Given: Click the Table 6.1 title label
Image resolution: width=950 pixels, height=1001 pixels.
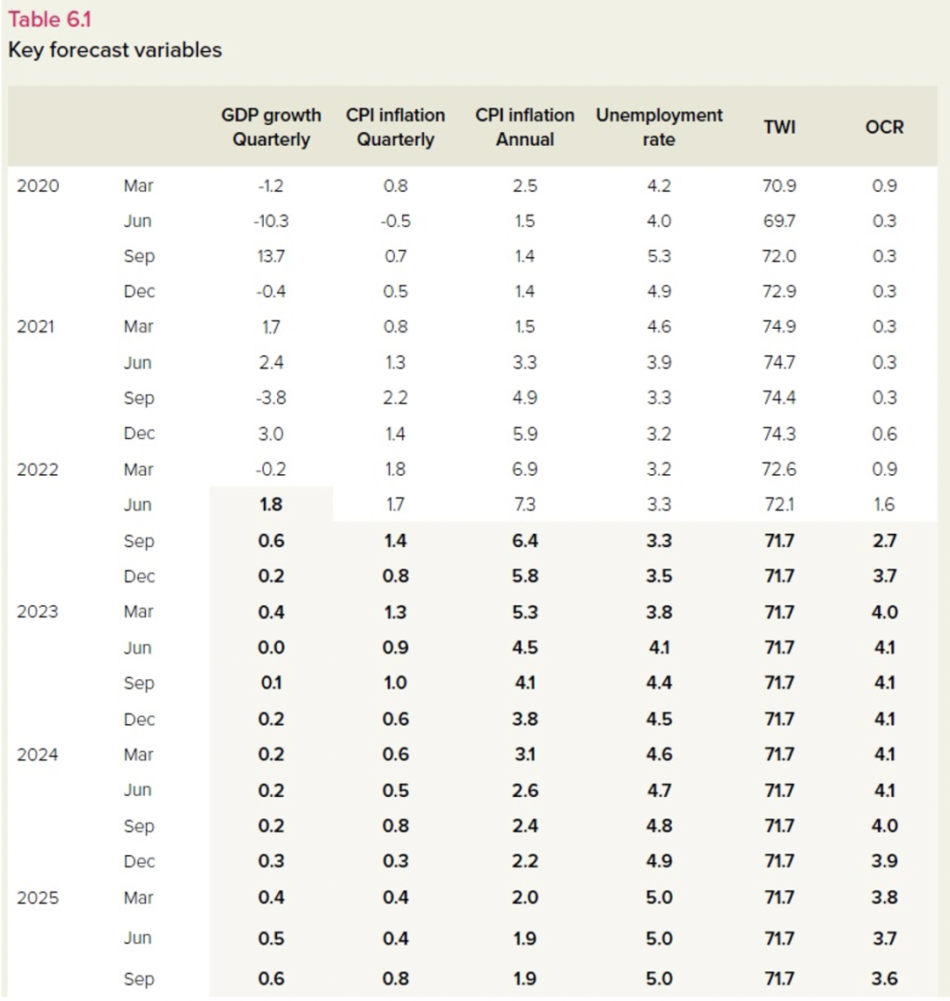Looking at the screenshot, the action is [50, 19].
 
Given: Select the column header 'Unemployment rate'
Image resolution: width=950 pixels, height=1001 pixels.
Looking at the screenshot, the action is [659, 127].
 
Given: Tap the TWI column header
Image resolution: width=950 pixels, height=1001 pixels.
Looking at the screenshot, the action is [779, 127].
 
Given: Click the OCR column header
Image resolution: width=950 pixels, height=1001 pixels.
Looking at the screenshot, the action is [884, 127].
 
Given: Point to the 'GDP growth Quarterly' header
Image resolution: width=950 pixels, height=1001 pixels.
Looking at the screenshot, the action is [271, 127].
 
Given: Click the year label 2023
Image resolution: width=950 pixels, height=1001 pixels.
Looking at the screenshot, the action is [38, 611].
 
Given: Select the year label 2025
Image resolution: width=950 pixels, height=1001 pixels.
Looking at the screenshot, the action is [38, 897].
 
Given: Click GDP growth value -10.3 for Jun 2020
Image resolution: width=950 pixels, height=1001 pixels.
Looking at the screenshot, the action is [271, 221].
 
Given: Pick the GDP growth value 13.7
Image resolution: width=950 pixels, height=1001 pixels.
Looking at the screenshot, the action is [271, 256].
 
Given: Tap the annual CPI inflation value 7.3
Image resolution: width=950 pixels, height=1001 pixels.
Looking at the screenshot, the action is [525, 504].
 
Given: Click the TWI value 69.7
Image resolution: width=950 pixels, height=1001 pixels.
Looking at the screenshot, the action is [778, 221].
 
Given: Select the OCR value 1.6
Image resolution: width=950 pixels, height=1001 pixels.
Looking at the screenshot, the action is [884, 504].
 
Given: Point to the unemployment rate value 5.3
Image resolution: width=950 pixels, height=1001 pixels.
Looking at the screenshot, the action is [659, 256].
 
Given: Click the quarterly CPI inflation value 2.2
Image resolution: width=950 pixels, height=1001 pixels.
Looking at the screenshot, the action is [395, 398].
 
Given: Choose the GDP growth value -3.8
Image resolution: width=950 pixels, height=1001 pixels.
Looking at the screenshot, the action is [271, 398].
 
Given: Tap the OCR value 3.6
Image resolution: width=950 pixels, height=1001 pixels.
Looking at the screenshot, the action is [884, 979].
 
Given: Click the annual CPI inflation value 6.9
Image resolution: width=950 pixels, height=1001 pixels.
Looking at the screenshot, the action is [525, 469].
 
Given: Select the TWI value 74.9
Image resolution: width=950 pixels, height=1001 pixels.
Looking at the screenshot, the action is [778, 327].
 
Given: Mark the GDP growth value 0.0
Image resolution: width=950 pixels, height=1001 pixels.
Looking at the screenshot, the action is [271, 647].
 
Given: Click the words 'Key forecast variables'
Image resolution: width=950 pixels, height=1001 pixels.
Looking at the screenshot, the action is [115, 50].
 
